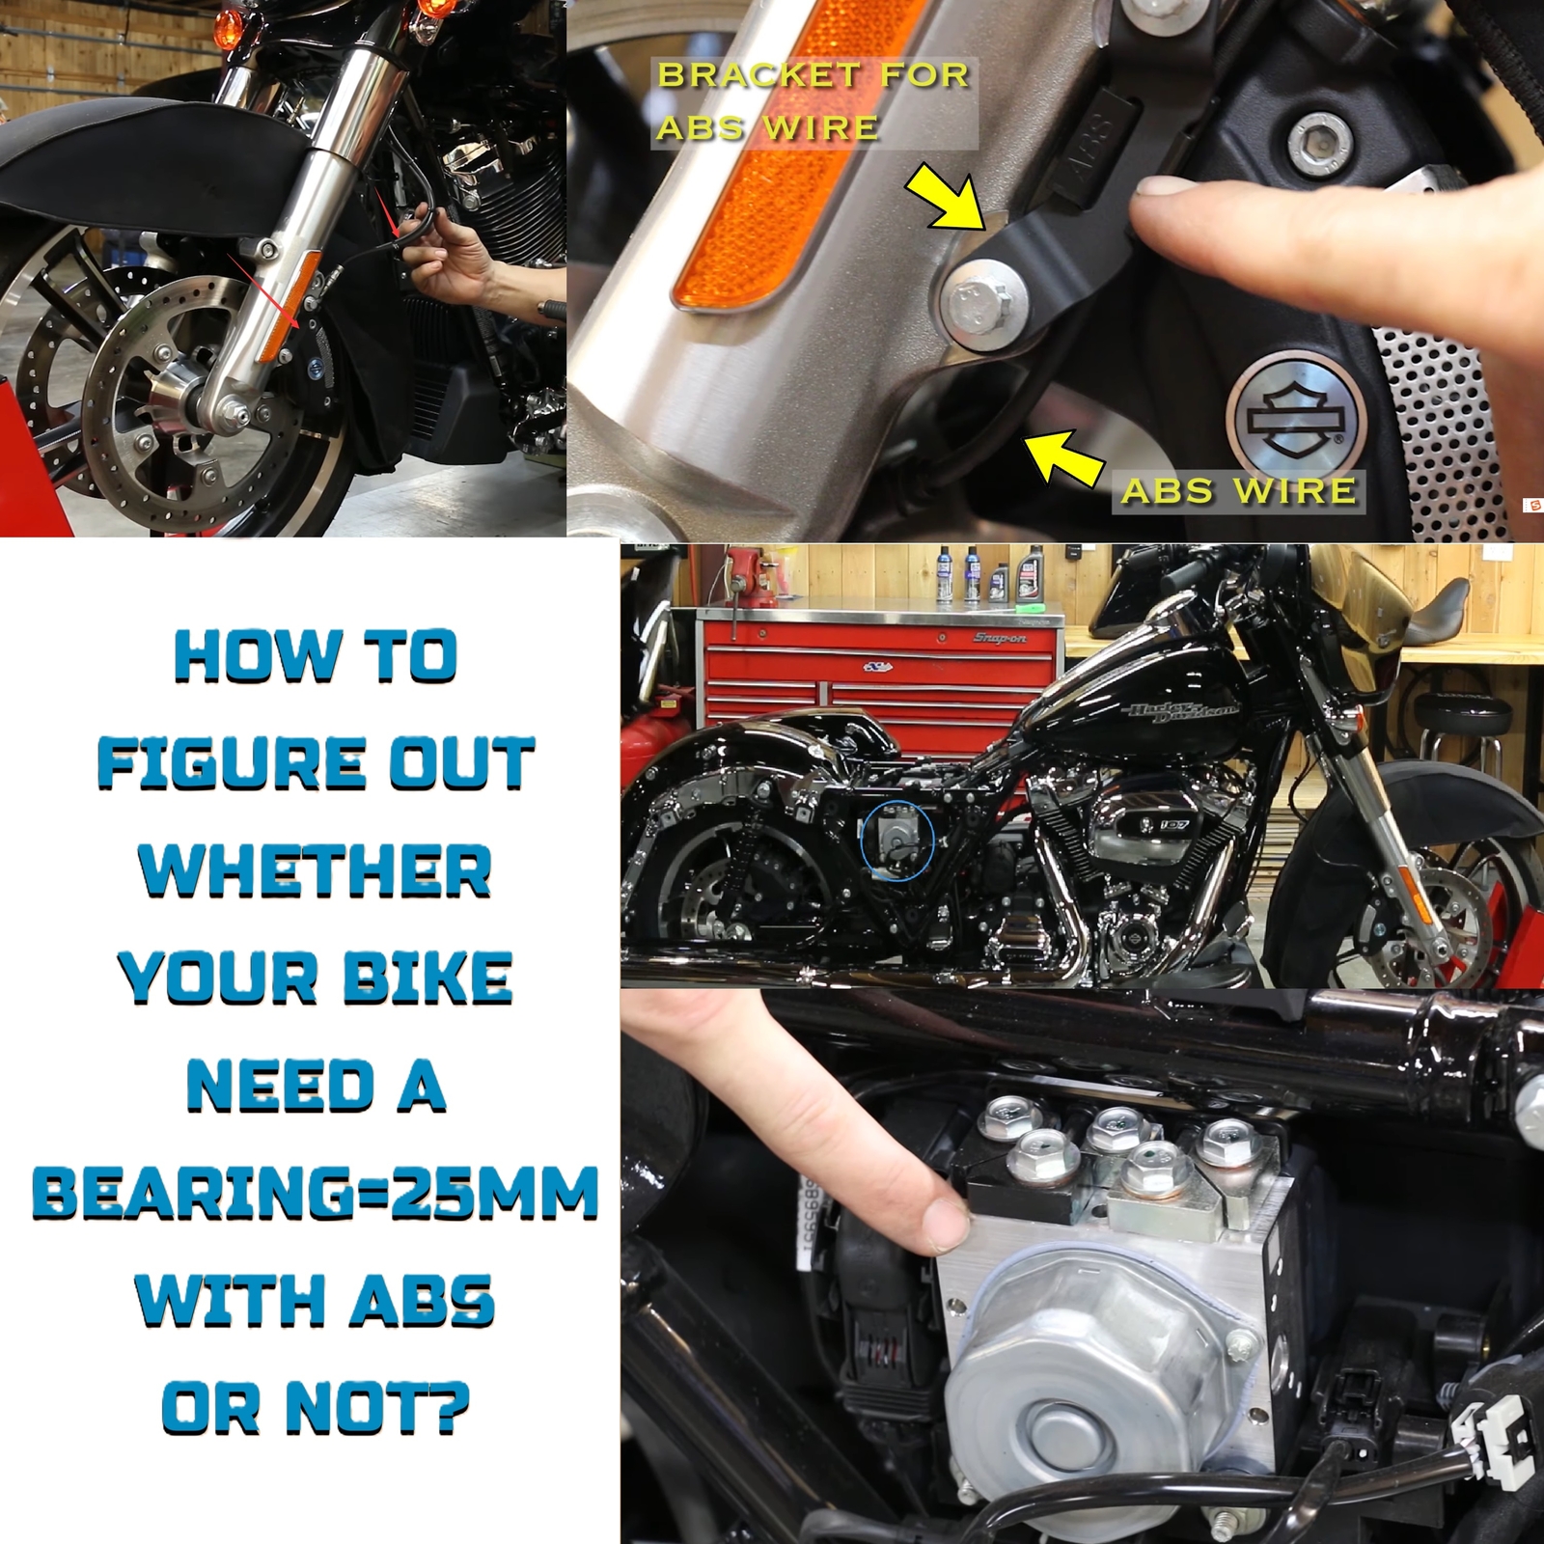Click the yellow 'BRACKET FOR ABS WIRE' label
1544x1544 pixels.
coord(813,101)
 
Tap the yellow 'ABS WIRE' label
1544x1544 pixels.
coord(1238,491)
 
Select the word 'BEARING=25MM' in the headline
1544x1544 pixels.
coord(316,1195)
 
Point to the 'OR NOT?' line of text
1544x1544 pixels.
coord(315,1409)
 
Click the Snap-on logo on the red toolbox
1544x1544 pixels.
coord(1000,639)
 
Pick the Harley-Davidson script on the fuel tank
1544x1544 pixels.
coord(1183,717)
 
